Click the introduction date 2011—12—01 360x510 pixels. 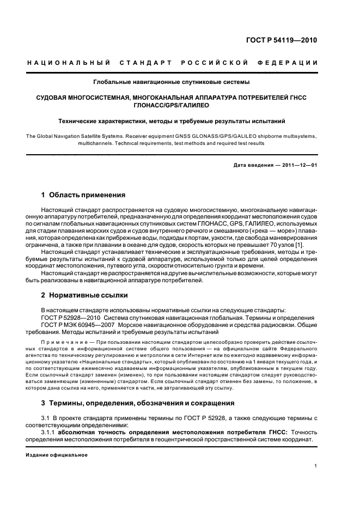297,165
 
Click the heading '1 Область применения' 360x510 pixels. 83,195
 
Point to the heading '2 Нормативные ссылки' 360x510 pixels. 84,295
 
